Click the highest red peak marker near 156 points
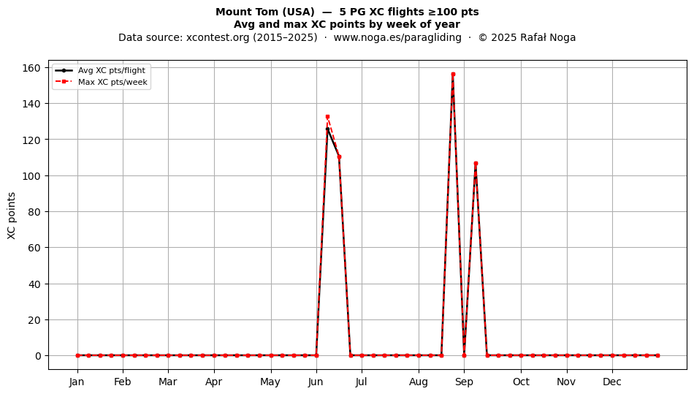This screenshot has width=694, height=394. point(453,75)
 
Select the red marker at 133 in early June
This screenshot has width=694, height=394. point(327,117)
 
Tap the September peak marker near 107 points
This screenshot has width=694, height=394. point(476,163)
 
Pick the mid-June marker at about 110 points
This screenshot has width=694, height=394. point(339,156)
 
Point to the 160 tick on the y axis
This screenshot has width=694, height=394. point(31,68)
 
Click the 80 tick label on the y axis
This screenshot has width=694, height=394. point(34,211)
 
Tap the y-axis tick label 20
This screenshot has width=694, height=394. point(34,319)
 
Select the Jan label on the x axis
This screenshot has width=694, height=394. point(77,382)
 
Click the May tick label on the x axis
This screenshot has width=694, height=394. point(270,382)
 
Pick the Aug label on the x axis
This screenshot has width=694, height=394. point(419,382)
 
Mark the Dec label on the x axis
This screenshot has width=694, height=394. point(612,382)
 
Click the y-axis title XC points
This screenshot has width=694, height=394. point(12,216)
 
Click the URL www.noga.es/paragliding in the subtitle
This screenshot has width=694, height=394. point(397,37)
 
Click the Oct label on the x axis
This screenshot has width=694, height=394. point(521,382)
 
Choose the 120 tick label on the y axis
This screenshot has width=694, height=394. point(31,140)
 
